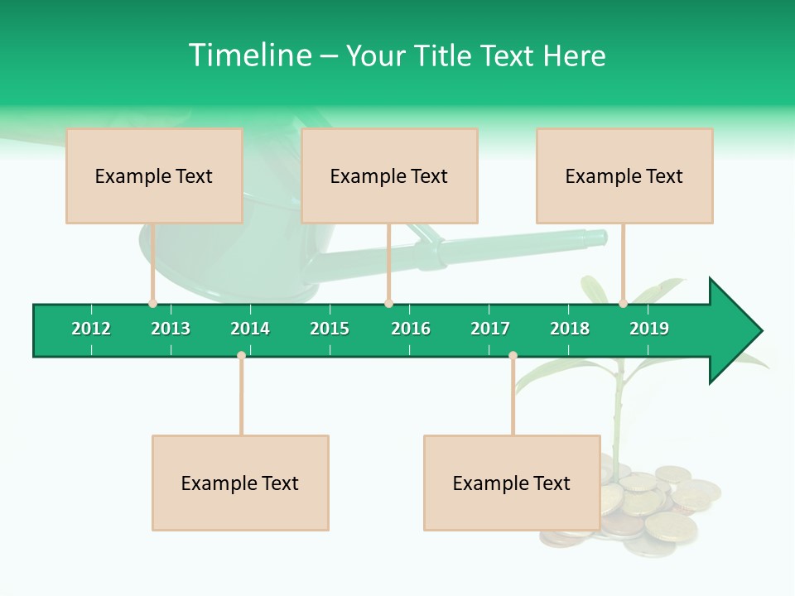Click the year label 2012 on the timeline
click(91, 329)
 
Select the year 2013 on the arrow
click(171, 329)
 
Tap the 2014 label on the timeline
click(250, 329)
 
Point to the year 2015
click(330, 329)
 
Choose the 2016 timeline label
click(411, 329)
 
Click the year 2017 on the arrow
click(490, 329)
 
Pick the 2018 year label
click(570, 329)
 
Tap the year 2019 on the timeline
click(649, 329)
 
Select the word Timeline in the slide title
click(249, 55)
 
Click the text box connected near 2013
click(154, 175)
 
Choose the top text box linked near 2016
click(389, 175)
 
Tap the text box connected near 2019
click(624, 175)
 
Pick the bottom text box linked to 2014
click(240, 483)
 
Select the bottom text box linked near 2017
click(512, 483)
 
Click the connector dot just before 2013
click(152, 303)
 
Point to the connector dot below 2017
click(513, 356)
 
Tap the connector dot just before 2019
click(623, 303)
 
